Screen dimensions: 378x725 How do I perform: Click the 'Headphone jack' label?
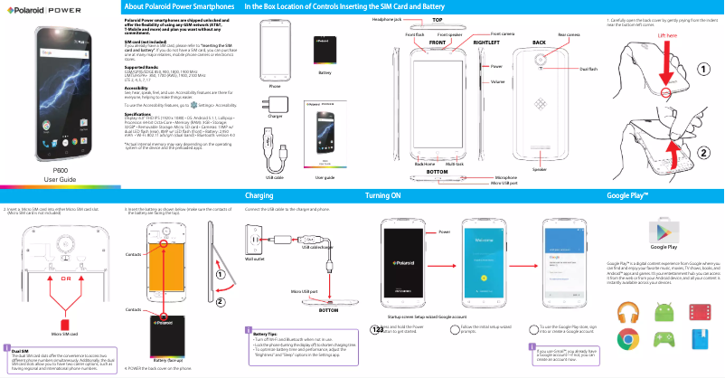386,18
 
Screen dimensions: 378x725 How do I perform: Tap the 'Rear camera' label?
569,33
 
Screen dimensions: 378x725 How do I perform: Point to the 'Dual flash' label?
588,69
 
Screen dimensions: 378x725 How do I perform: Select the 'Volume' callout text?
497,82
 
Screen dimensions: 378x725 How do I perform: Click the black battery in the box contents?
325,49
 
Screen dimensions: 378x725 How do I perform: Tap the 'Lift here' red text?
667,37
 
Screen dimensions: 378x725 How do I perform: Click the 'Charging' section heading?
259,194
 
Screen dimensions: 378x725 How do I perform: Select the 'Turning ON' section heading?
382,194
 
